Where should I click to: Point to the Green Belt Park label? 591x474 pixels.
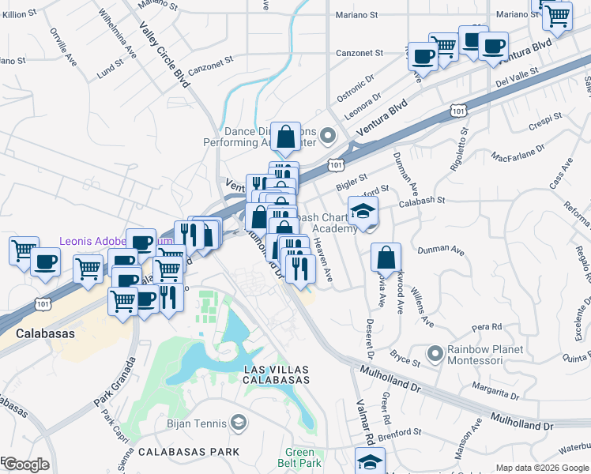pos(303,457)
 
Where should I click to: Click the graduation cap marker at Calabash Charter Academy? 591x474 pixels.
pos(363,212)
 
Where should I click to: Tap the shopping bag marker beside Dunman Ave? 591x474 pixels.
pos(386,258)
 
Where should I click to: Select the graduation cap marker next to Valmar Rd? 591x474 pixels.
pos(369,461)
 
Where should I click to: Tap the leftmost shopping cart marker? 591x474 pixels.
pos(24,251)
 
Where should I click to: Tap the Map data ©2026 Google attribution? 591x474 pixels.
pos(542,468)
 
